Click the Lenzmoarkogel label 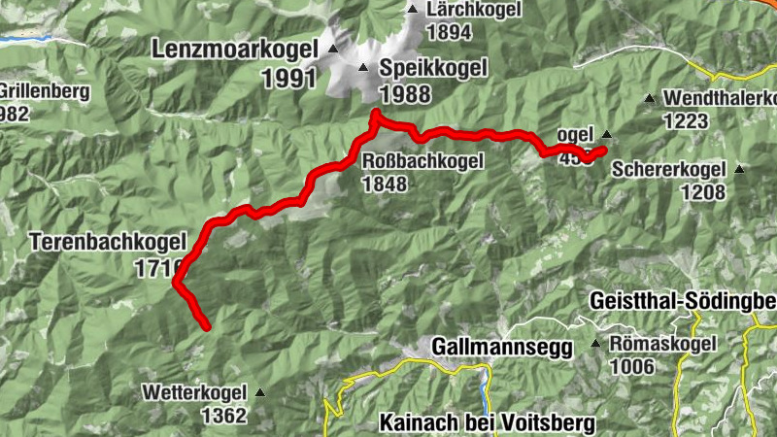[x=234, y=49]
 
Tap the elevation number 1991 [x=289, y=78]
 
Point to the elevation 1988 [x=405, y=93]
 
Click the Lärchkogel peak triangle [x=411, y=9]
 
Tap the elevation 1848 [x=385, y=184]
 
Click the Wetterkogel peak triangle [x=260, y=393]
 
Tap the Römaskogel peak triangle [x=595, y=344]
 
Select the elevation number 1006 [x=634, y=366]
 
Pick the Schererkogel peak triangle [x=739, y=169]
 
